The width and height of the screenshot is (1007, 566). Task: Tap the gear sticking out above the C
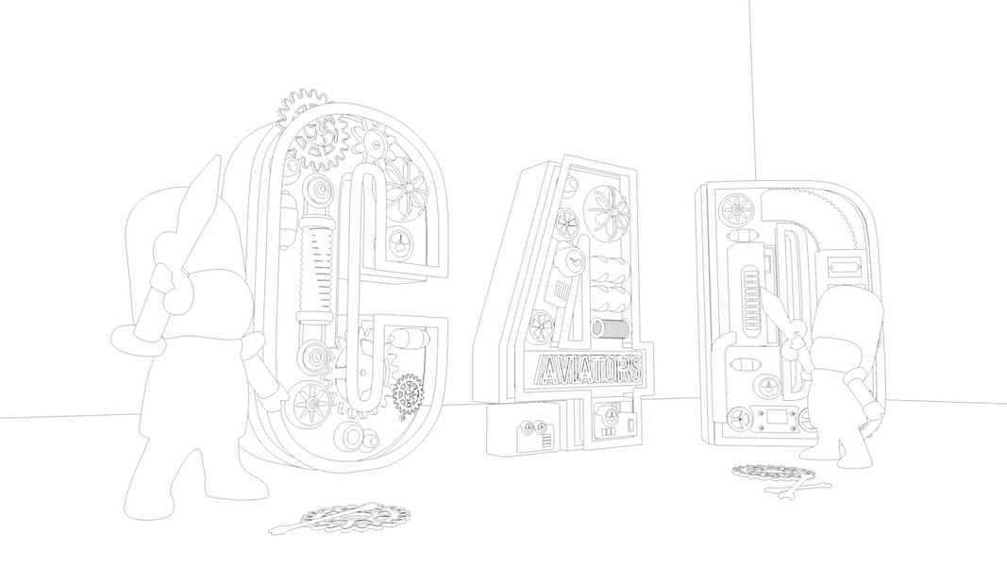303,108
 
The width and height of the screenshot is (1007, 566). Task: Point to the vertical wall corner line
752,85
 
